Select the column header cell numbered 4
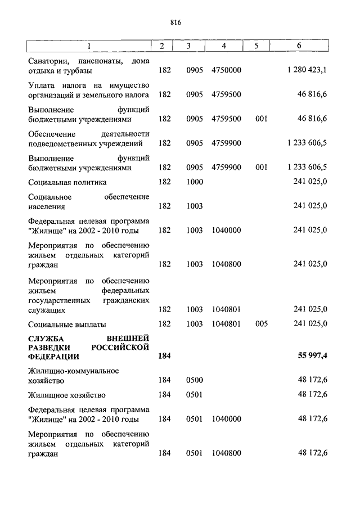click(224, 46)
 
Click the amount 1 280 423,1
click(307, 70)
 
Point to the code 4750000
click(226, 70)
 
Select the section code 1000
click(194, 182)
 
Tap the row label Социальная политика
click(67, 182)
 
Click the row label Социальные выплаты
click(67, 324)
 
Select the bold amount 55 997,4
click(311, 356)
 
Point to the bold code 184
click(164, 356)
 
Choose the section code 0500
click(194, 380)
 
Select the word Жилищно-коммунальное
click(73, 371)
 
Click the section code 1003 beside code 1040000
click(194, 230)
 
